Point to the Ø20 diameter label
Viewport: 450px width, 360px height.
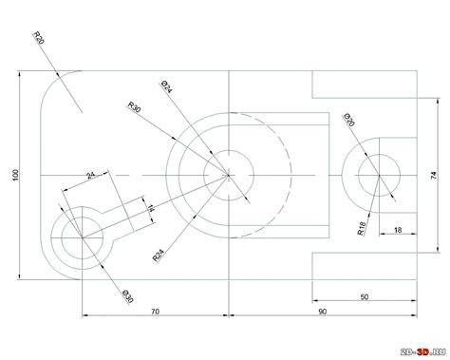pos(349,121)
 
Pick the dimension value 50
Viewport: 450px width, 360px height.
pos(366,296)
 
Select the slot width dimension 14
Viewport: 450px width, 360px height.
pos(145,203)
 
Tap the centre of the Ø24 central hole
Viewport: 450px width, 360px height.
pos(229,175)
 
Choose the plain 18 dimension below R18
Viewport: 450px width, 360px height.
pos(397,228)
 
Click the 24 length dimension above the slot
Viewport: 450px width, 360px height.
pos(90,176)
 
